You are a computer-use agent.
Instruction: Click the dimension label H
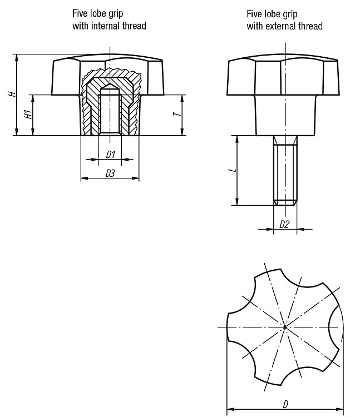tap(12, 94)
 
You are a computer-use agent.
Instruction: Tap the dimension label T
tap(177, 114)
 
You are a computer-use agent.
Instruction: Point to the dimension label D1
tap(110, 155)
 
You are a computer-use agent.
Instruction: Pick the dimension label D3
tap(110, 173)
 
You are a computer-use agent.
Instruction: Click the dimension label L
tap(233, 170)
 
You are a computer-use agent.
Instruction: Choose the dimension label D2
tap(284, 225)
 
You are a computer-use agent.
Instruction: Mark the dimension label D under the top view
tap(285, 405)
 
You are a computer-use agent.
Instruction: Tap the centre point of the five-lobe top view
tap(285, 327)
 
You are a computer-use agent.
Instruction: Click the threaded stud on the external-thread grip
tap(285, 171)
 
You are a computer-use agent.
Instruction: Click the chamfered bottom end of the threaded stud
tap(285, 202)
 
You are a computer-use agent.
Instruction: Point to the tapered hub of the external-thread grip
tap(285, 115)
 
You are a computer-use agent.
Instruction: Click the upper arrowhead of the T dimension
tap(183, 98)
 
